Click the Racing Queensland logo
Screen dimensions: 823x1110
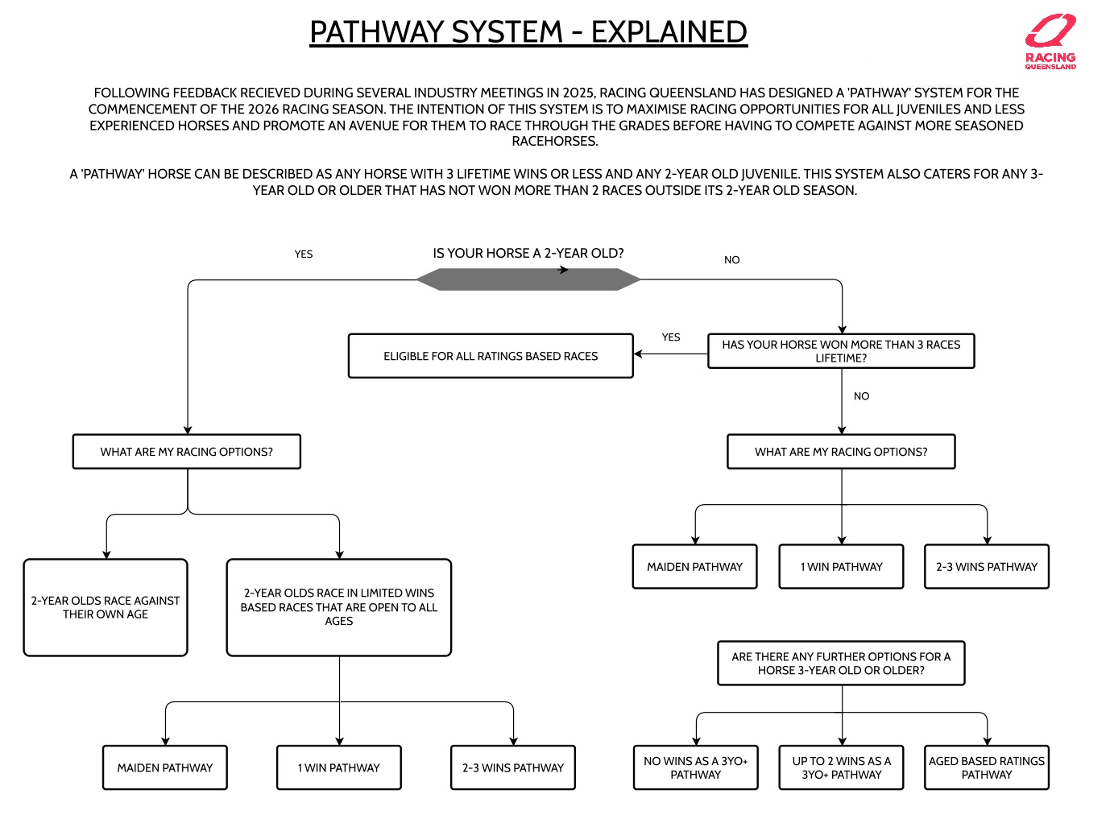pos(1050,42)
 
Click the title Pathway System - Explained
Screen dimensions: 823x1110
pos(528,32)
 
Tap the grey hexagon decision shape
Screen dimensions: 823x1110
pos(528,279)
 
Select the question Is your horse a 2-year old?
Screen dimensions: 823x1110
pos(528,253)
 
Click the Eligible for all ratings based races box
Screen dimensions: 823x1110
pos(491,356)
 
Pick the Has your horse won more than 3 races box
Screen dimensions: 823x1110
pos(841,351)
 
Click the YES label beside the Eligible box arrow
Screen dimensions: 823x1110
pos(671,337)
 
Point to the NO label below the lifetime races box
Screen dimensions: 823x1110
pos(861,396)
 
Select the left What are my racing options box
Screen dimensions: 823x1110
pos(186,452)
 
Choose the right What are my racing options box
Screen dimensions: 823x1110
pos(841,452)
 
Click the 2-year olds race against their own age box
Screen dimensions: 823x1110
pos(106,607)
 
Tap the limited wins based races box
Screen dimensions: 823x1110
pos(338,607)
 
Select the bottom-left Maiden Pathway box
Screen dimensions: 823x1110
pos(165,767)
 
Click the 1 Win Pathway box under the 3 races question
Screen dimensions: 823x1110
pos(841,567)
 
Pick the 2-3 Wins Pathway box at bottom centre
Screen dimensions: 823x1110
pos(513,767)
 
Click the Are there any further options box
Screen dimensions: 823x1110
pos(841,664)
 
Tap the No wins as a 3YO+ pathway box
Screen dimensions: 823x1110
pos(696,767)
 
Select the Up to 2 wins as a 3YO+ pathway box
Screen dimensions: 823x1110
pos(841,767)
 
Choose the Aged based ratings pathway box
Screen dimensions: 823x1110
pos(986,767)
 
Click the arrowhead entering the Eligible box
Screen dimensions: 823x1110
pos(638,354)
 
